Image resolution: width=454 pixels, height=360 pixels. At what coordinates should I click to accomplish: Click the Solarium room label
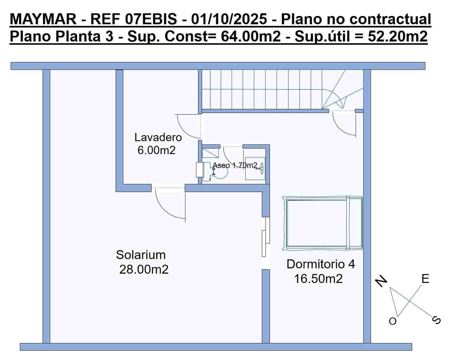click(x=141, y=255)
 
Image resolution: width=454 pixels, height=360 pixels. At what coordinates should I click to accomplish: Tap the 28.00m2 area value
click(x=144, y=269)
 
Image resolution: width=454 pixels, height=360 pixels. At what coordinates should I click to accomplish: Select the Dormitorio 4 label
click(x=320, y=264)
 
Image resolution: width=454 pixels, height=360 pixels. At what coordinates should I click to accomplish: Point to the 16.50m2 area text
click(x=318, y=278)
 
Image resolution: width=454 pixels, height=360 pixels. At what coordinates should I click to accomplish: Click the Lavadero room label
click(x=158, y=137)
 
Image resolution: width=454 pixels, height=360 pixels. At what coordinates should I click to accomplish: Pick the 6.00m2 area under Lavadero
click(x=156, y=150)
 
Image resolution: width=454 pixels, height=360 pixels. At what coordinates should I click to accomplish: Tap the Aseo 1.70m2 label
click(x=235, y=165)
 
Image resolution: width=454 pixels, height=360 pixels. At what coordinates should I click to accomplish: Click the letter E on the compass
click(x=425, y=279)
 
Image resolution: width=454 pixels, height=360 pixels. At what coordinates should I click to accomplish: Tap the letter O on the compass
click(x=393, y=321)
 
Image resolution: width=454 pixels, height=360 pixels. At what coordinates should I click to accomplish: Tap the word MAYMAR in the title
click(x=43, y=20)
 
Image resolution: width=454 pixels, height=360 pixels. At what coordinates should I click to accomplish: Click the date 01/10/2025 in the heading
click(x=229, y=20)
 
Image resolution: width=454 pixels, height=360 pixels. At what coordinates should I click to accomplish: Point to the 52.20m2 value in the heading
click(x=397, y=36)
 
